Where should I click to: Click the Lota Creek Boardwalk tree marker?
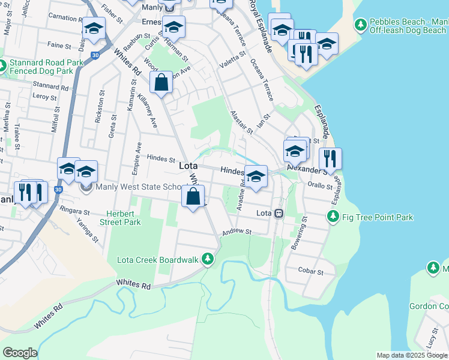coord(208,259)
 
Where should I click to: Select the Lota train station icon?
coord(279,214)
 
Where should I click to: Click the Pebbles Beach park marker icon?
coord(361,25)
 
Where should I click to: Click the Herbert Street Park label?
coord(124,218)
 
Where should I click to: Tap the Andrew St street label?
coord(236,232)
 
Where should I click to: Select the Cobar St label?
coord(312,272)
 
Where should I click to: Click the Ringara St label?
coord(74,211)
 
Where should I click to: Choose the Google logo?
coord(20,353)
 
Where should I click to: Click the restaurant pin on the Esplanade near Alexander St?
coord(330,158)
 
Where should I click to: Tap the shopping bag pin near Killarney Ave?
coord(161,83)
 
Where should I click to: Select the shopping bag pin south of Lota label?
coord(193,196)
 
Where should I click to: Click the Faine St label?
coord(59,45)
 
